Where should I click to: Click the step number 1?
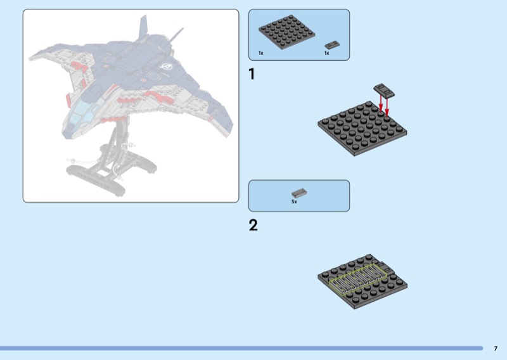coord(252,74)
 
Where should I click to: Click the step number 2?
coord(253,225)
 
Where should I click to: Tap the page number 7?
coord(496,349)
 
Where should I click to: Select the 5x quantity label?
coord(294,202)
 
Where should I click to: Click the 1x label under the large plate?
coord(261,53)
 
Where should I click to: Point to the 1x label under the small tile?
coord(327,53)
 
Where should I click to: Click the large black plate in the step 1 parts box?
coord(287,32)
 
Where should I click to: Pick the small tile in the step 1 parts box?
coord(332,45)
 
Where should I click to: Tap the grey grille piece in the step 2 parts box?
coord(299,193)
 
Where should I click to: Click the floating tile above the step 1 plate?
coord(384,91)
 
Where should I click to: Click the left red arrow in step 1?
coord(381,103)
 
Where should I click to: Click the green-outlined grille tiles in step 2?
coord(358,279)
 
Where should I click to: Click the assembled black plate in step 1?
coord(362,129)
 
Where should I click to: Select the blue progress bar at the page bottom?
coord(241,349)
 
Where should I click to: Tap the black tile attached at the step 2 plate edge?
coord(387,268)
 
